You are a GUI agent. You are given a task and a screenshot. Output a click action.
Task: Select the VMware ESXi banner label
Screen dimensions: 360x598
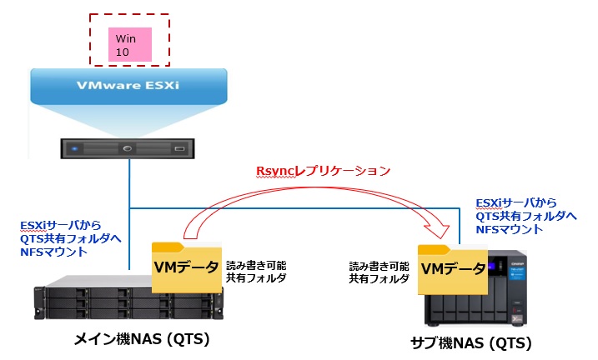(x=129, y=86)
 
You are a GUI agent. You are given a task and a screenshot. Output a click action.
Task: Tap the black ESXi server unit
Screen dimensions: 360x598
(x=129, y=149)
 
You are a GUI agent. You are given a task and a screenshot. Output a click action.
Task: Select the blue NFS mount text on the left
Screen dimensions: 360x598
(x=71, y=237)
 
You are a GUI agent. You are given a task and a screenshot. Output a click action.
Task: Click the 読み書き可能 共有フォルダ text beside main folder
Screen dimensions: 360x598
(x=254, y=272)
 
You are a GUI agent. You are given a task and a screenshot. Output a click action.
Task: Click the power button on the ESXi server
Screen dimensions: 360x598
(x=128, y=150)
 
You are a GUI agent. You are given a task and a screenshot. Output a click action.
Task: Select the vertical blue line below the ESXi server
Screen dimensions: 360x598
(x=129, y=183)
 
